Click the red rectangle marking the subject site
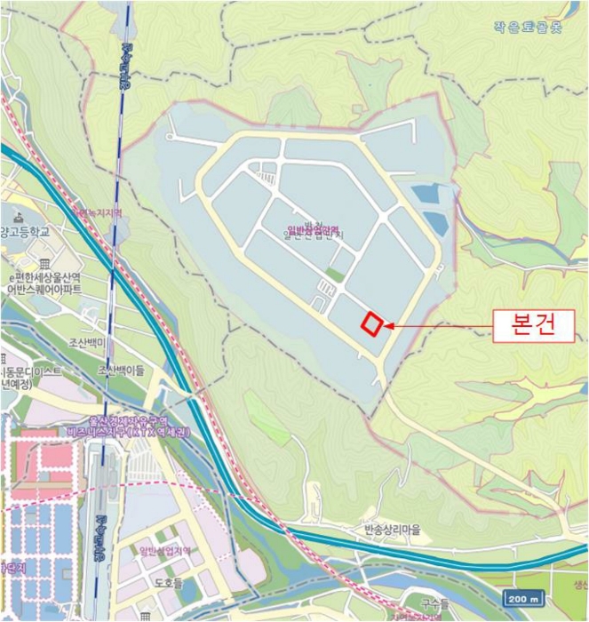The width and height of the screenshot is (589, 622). pos(372,324)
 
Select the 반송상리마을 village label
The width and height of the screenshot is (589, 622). pos(391,530)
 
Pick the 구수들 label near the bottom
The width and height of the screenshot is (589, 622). pos(434,603)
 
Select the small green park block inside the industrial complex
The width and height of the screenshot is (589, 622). pos(334,275)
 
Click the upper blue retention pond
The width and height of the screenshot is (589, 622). pos(425,195)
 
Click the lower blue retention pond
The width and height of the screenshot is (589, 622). pos(436,223)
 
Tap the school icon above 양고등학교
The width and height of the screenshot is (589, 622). pos(18,217)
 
